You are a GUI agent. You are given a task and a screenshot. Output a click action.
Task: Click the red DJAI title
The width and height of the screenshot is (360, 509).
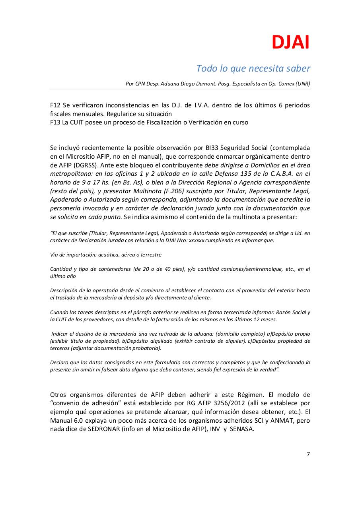point(290,43)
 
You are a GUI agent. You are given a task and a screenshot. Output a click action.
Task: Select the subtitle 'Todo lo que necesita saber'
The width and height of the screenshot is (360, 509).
point(253,68)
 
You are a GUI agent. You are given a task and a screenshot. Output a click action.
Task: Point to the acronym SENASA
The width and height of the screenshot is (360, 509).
point(239,429)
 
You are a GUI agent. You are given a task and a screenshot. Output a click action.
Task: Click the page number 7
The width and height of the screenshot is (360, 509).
point(308,455)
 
